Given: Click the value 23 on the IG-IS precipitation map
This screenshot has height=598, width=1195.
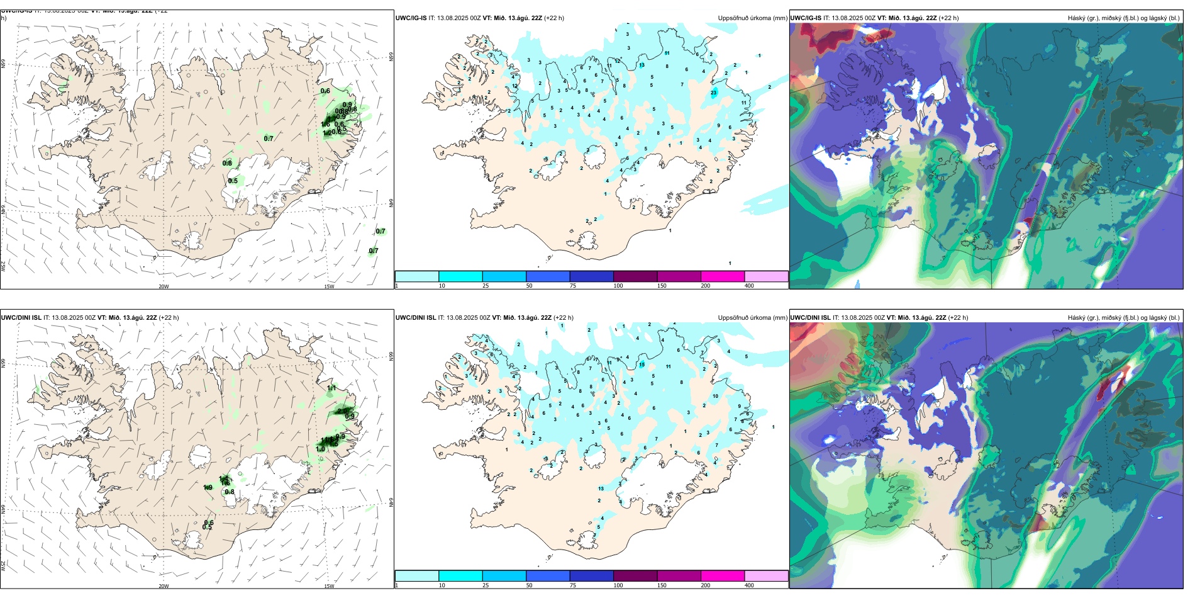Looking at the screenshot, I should [714, 93].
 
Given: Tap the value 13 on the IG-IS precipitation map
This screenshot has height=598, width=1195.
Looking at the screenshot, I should [642, 65].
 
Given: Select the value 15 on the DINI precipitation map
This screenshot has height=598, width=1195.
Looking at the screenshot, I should [642, 364].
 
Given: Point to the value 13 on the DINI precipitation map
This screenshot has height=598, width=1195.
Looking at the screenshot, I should [601, 488].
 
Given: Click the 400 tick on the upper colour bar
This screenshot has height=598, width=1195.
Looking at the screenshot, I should [749, 286].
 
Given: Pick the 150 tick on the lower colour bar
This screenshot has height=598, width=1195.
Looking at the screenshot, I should [662, 585].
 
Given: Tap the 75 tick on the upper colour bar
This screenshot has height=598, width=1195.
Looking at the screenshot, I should [573, 286].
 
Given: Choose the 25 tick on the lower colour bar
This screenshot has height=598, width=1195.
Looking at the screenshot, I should [486, 585].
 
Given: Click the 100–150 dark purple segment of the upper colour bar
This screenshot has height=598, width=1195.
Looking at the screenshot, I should [635, 276].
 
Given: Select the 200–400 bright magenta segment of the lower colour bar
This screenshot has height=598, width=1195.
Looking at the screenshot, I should [723, 576].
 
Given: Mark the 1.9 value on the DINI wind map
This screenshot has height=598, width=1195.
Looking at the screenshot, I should [208, 487].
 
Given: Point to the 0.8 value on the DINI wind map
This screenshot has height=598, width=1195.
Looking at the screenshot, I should [230, 492].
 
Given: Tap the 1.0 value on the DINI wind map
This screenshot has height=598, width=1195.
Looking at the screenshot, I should [321, 449].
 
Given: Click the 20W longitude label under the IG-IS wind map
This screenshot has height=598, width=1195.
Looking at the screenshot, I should [164, 286].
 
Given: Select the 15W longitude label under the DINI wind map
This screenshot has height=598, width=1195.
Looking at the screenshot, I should [329, 586].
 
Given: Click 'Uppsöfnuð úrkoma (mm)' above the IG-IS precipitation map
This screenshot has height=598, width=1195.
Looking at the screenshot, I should [752, 18].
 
